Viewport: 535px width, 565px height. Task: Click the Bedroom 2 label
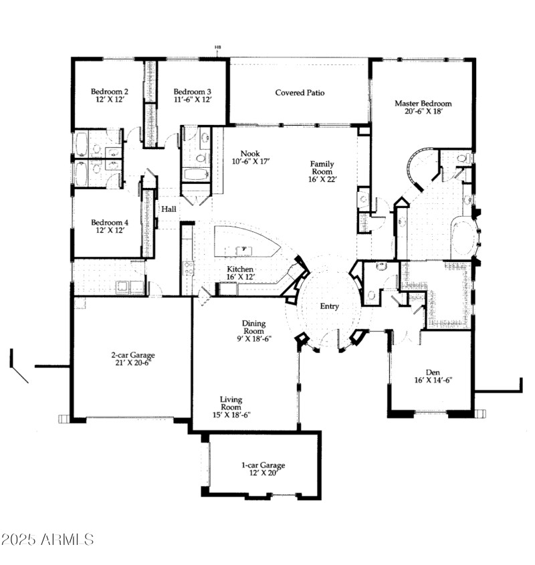pyautogui.click(x=110, y=92)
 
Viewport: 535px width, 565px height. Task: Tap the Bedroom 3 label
pyautogui.click(x=193, y=92)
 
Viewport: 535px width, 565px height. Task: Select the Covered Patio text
pyautogui.click(x=300, y=93)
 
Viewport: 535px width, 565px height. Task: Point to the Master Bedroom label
pyautogui.click(x=423, y=104)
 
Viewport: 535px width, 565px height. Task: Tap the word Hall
pyautogui.click(x=169, y=209)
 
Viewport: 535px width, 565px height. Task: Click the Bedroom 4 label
pyautogui.click(x=110, y=223)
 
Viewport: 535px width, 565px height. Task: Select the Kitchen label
pyautogui.click(x=240, y=269)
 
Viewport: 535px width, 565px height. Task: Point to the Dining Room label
pyautogui.click(x=253, y=327)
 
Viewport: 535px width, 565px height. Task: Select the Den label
pyautogui.click(x=432, y=372)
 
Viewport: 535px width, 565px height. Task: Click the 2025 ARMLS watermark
pyautogui.click(x=48, y=539)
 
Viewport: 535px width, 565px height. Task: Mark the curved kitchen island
pyautogui.click(x=246, y=242)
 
